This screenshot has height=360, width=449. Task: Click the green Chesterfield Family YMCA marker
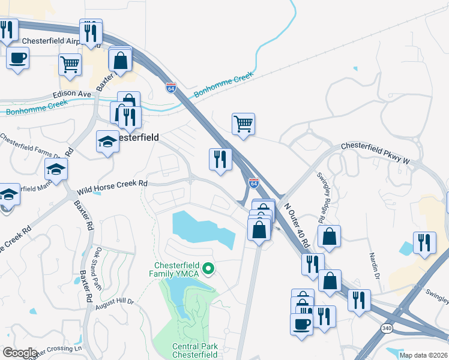pyautogui.click(x=209, y=268)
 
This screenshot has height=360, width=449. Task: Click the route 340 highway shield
pyautogui.click(x=387, y=328)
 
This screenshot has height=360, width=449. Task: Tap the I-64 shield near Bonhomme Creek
pyautogui.click(x=171, y=88)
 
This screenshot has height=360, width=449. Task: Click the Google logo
pyautogui.click(x=19, y=353)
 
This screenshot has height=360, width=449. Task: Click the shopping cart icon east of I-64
pyautogui.click(x=243, y=124)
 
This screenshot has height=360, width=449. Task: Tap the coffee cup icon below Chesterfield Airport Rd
pyautogui.click(x=17, y=58)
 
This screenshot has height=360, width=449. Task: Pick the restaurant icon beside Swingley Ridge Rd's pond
pyautogui.click(x=424, y=242)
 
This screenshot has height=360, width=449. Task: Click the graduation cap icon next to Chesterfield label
pyautogui.click(x=107, y=142)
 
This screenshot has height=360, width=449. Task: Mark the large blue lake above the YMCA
pyautogui.click(x=202, y=229)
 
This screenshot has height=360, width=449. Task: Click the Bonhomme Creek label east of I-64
pyautogui.click(x=223, y=86)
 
